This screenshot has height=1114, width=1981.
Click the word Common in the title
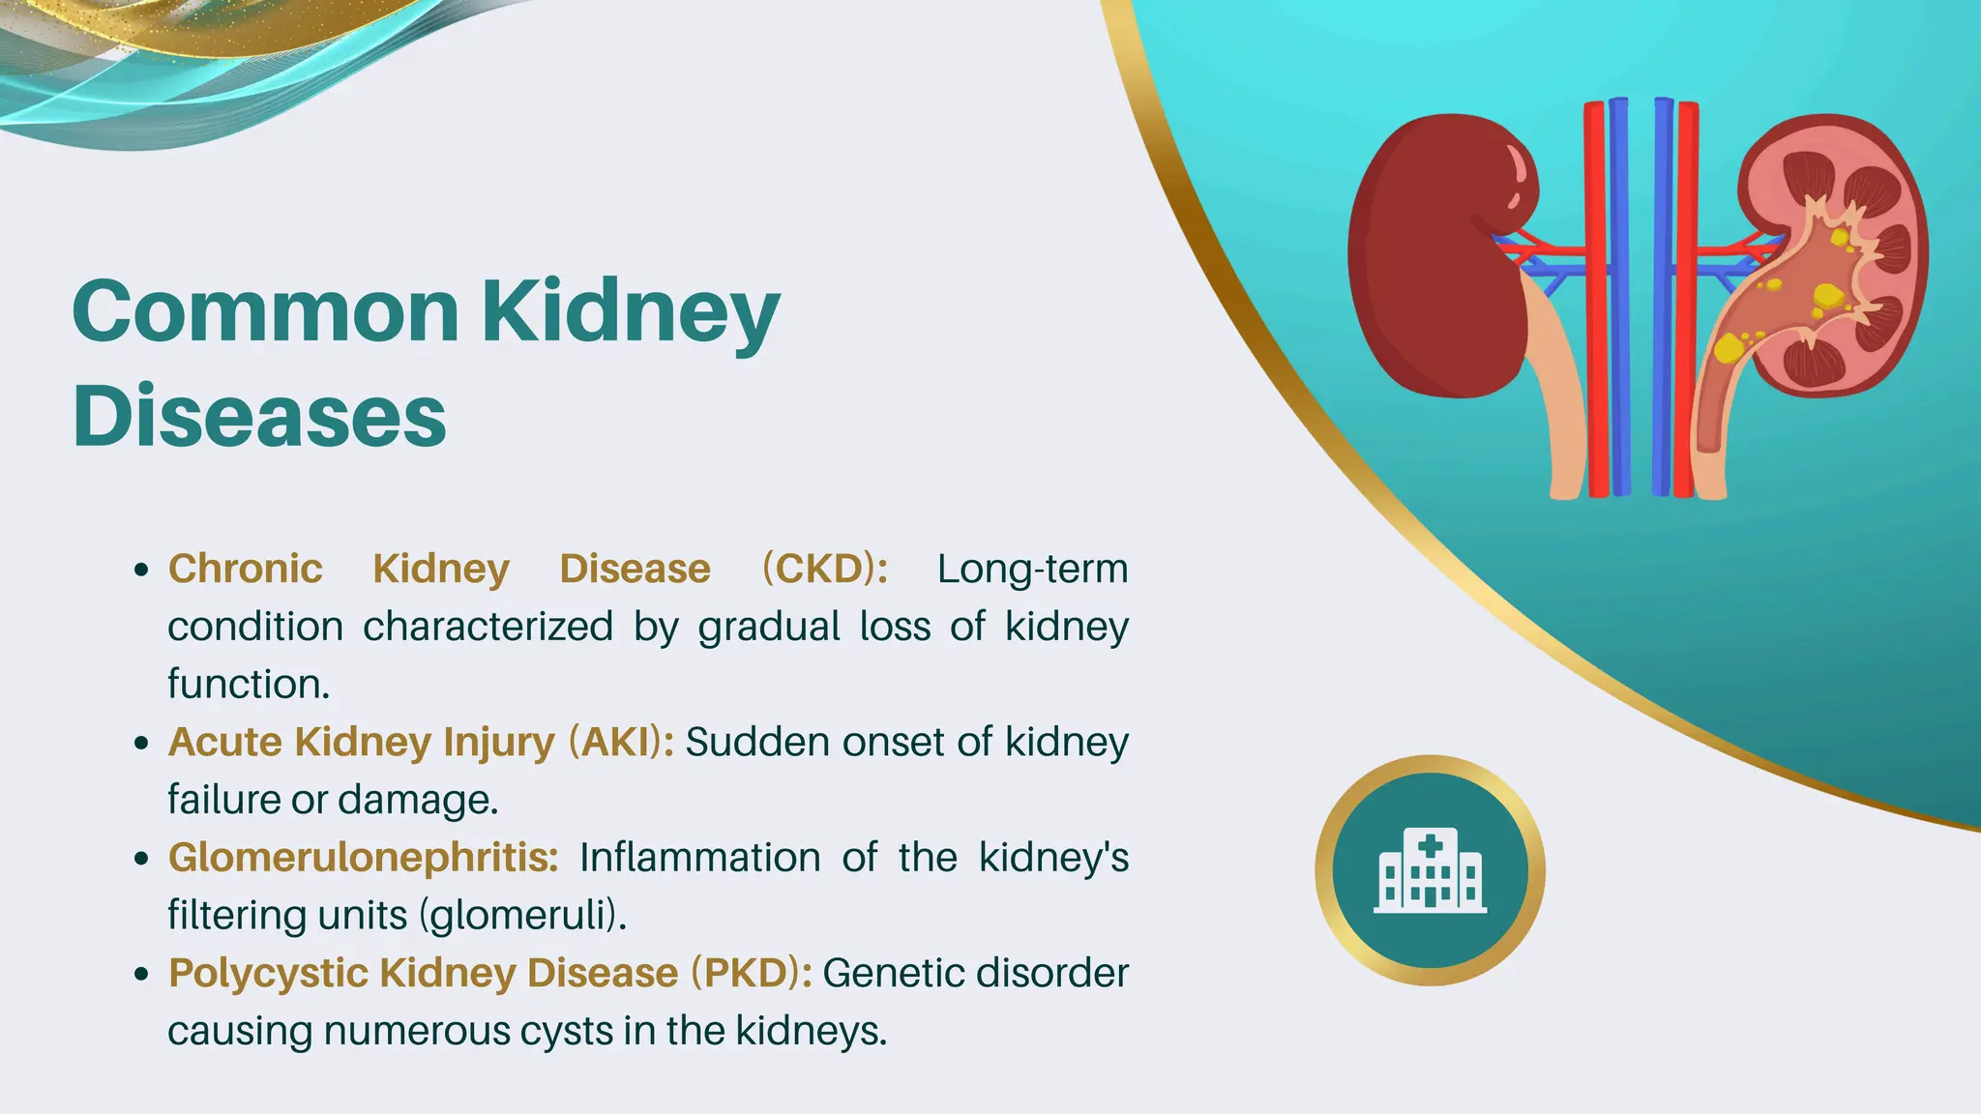click(265, 311)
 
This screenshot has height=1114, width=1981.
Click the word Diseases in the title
click(259, 416)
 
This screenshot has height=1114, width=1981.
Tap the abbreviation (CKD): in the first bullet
click(824, 569)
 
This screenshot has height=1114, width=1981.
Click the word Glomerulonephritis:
click(363, 858)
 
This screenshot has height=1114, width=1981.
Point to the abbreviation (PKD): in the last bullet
click(751, 973)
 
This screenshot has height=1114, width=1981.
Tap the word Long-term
click(1032, 569)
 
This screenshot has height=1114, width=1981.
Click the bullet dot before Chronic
click(142, 571)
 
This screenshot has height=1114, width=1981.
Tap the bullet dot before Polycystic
click(142, 975)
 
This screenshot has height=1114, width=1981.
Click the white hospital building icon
click(1430, 871)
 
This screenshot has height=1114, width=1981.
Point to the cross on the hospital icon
click(1430, 847)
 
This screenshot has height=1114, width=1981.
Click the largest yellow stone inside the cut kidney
click(1827, 296)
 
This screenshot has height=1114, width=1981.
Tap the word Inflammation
click(699, 858)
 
